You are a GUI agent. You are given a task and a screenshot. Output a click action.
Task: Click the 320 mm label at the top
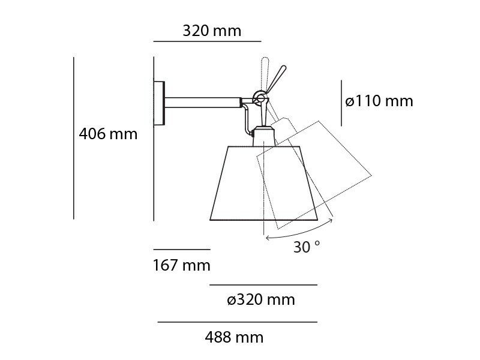coord(212,31)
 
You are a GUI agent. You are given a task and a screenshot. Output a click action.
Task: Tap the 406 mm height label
coord(108,134)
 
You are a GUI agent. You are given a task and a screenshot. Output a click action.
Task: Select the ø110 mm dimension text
coord(379,101)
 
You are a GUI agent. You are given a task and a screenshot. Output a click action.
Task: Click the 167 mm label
coord(181,265)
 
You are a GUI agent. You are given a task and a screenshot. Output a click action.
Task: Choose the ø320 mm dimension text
coord(261,300)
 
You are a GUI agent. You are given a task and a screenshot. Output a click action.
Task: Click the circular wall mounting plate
coord(159,103)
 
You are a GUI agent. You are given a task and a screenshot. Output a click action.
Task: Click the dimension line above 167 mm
coord(181,249)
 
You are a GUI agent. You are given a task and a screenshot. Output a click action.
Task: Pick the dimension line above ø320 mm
coord(263,285)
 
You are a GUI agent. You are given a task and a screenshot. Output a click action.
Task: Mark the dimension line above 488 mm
coord(236,322)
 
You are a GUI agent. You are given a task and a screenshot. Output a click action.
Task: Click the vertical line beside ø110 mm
coord(341,103)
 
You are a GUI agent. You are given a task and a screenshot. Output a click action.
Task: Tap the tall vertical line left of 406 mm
coord(74,138)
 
